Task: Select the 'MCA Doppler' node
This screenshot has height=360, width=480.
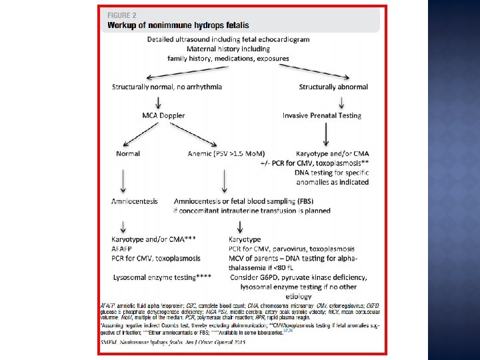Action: (163, 115)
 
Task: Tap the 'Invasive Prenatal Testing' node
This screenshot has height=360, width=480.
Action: (322, 115)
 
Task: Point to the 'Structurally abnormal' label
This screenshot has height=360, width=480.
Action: (333, 87)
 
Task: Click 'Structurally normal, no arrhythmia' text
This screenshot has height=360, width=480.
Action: (167, 87)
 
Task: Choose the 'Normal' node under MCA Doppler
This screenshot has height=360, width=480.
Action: (128, 153)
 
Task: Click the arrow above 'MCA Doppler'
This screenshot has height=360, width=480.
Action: (159, 101)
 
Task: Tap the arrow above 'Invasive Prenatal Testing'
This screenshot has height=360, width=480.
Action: (342, 101)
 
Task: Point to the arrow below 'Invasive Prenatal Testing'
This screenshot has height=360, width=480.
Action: (326, 134)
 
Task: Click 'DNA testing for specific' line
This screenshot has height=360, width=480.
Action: (331, 173)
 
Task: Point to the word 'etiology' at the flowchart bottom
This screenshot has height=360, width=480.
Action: (299, 295)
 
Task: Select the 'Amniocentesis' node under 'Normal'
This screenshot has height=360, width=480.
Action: (135, 201)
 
